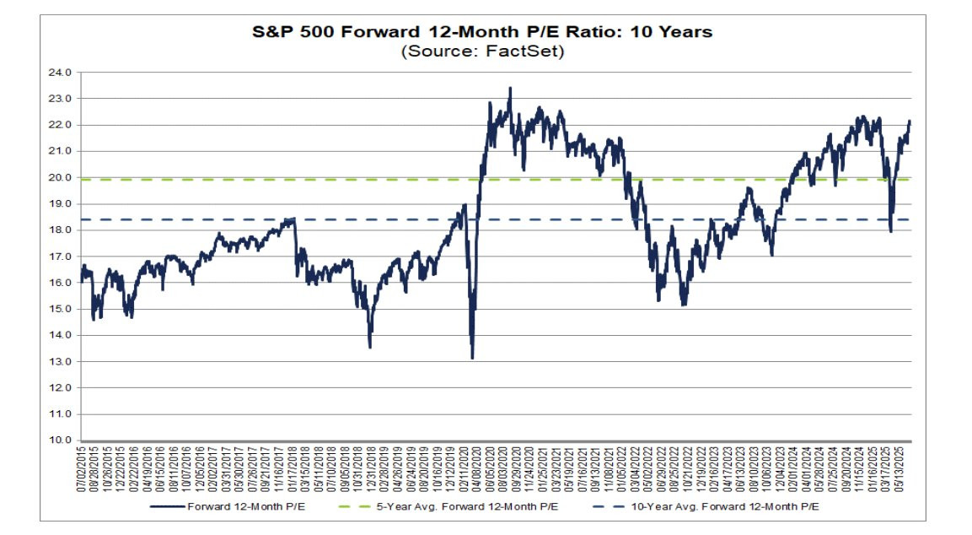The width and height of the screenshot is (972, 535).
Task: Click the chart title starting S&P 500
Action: [x=483, y=32]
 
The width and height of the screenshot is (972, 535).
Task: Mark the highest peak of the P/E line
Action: [x=510, y=88]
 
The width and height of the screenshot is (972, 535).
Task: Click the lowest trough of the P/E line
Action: [x=472, y=358]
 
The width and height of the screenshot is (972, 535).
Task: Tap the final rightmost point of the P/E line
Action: [x=910, y=122]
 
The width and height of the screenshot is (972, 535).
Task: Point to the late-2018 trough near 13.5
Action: [x=370, y=347]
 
